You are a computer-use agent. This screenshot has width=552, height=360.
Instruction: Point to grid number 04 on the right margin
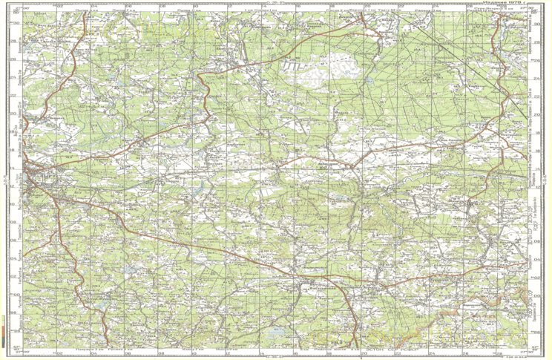click(x=538, y=258)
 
